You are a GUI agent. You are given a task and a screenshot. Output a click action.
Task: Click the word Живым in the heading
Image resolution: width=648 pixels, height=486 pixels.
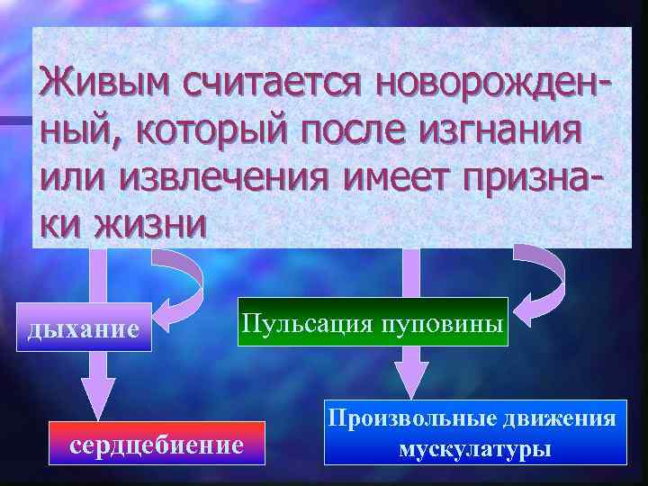(x=107, y=87)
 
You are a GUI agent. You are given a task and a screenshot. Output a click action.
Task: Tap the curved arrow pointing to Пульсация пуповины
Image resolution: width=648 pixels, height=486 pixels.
(x=539, y=274)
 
